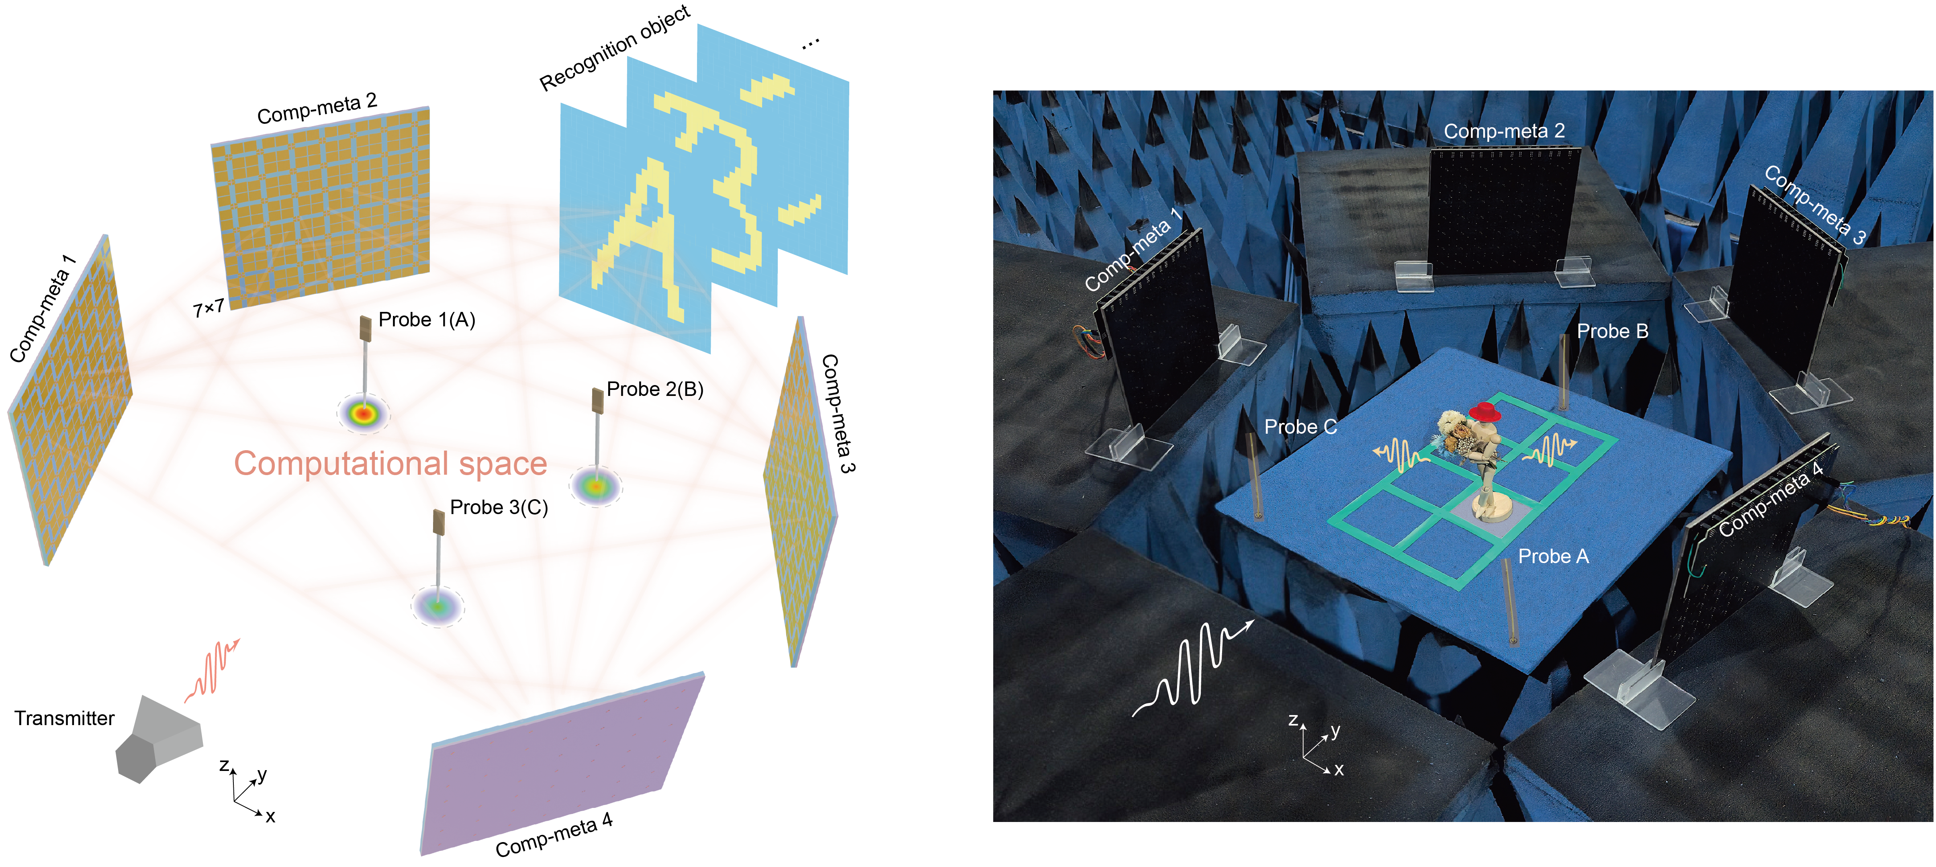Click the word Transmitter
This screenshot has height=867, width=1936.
(x=65, y=719)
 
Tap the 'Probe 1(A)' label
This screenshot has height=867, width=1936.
(x=427, y=320)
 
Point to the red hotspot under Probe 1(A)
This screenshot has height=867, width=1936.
(x=364, y=413)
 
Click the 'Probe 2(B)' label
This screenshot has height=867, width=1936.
(x=654, y=389)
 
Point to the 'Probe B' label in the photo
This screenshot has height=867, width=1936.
(x=1612, y=332)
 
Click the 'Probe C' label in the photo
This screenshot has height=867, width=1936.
(x=1300, y=427)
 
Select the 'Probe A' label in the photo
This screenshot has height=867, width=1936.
(x=1554, y=556)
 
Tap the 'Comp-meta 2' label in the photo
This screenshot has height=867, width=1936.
(x=1504, y=131)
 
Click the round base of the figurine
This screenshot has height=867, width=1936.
(x=1490, y=508)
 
